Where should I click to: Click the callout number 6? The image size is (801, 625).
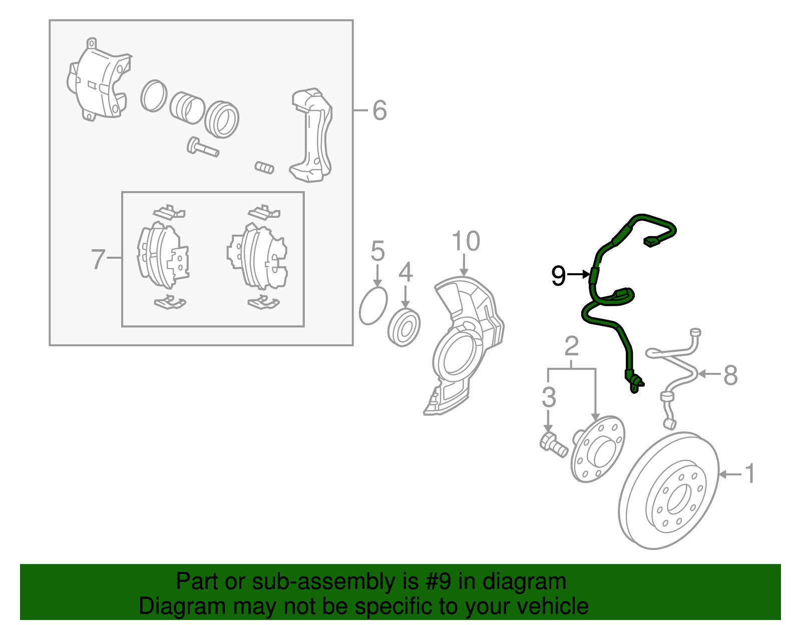(379, 110)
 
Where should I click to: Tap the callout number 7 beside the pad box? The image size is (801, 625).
(98, 259)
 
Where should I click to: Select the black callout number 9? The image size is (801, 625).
(558, 275)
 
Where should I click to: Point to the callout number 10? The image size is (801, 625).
(466, 241)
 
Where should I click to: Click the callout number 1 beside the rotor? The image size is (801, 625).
(749, 473)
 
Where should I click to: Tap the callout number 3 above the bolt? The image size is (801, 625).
(549, 397)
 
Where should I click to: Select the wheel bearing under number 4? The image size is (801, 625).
(404, 328)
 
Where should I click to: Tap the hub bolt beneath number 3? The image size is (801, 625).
(553, 445)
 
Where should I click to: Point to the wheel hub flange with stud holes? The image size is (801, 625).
(598, 449)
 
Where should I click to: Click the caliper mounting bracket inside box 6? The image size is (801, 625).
(313, 135)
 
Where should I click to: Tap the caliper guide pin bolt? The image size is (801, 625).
(202, 148)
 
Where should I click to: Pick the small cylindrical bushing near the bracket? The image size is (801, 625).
(264, 167)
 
